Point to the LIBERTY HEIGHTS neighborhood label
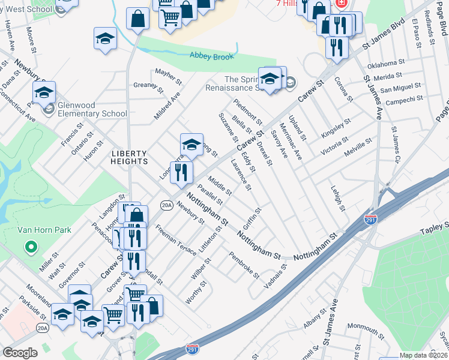point(130,157)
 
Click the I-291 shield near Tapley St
point(372,220)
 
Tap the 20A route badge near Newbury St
point(167,205)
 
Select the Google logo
point(20,353)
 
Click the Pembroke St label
point(244,265)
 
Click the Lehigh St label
point(339,197)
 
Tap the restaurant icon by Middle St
point(181,173)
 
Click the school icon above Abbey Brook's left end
point(105,39)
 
